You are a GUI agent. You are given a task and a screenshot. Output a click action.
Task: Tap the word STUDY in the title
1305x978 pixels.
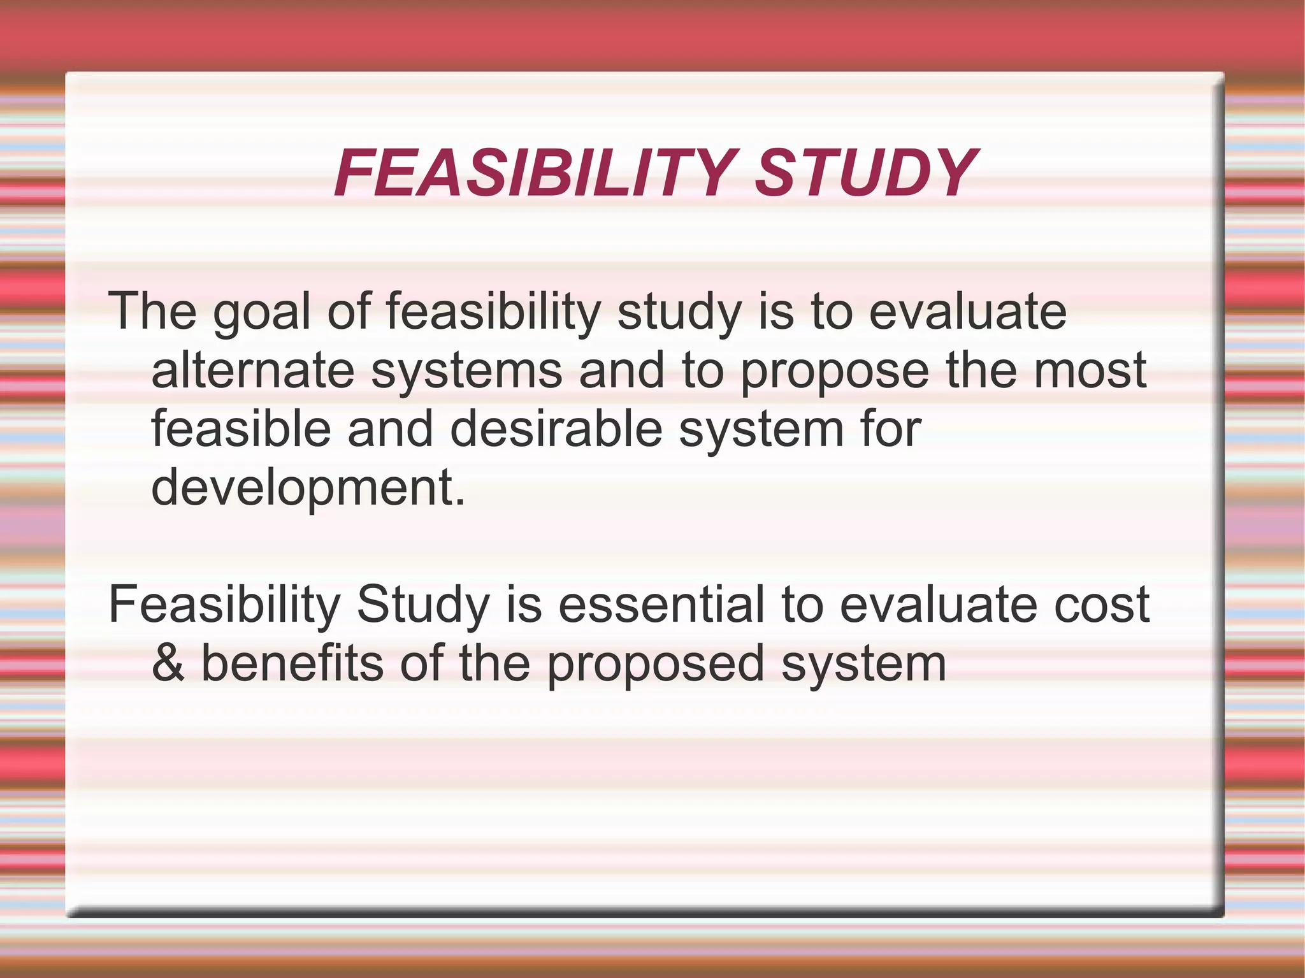pyautogui.click(x=863, y=173)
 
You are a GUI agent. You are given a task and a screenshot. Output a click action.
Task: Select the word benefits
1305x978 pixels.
pyautogui.click(x=292, y=663)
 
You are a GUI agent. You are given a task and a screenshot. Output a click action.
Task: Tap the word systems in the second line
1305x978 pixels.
pyautogui.click(x=466, y=372)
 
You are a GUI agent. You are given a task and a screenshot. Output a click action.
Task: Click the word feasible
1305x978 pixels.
pyautogui.click(x=241, y=429)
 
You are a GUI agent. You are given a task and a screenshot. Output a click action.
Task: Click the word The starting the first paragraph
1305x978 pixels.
pyautogui.click(x=153, y=312)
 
